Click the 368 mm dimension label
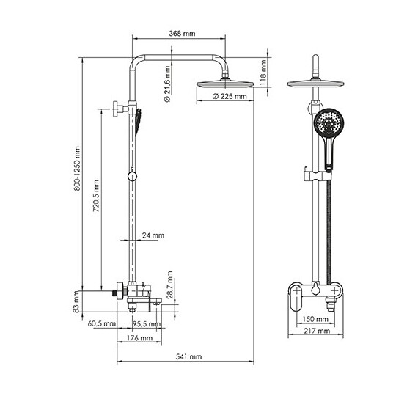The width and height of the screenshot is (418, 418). point(182,34)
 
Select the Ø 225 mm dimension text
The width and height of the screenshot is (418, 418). point(230,96)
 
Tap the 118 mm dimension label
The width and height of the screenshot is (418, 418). point(263,73)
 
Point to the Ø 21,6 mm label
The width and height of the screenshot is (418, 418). point(167,84)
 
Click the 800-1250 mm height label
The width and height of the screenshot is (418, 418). point(77,169)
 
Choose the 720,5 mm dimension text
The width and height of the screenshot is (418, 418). point(96,196)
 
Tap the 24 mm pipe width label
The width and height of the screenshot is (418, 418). point(153,235)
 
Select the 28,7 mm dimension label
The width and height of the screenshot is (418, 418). point(170,285)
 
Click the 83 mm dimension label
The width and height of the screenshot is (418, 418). point(76,301)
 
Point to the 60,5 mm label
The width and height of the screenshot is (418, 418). point(102,323)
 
